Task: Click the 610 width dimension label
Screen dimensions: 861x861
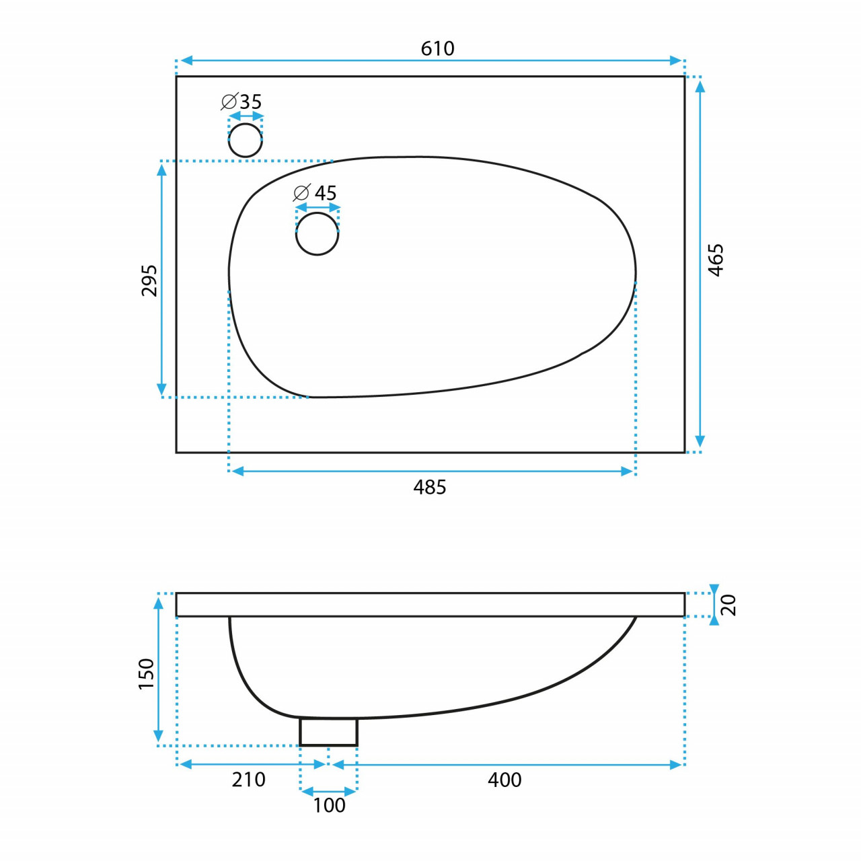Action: tap(437, 48)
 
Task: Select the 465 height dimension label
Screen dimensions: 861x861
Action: tap(715, 260)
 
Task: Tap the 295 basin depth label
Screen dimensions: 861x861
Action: tap(149, 280)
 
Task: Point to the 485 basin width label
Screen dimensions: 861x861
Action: tap(429, 488)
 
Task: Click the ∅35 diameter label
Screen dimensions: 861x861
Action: tap(241, 102)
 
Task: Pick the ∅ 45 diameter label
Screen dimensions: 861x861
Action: tap(315, 193)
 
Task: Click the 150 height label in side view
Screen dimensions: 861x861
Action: tap(146, 674)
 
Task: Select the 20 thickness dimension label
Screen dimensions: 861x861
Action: tap(728, 605)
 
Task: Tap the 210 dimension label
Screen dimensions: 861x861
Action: tap(248, 780)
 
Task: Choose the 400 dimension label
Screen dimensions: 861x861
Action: tap(504, 780)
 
